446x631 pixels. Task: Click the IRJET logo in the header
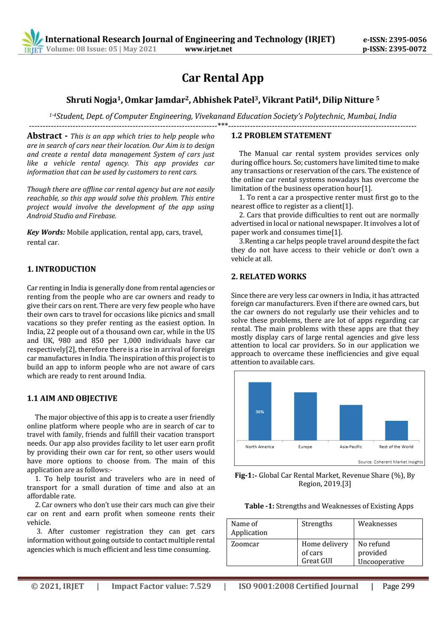click(32, 43)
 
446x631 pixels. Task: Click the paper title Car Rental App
click(222, 78)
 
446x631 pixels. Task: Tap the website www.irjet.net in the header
click(208, 49)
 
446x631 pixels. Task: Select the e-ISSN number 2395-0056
click(395, 40)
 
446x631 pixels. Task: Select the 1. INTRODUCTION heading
click(61, 269)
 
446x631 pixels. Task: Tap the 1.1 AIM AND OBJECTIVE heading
click(72, 398)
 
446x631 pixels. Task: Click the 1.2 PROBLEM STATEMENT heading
click(281, 136)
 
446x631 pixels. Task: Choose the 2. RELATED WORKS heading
click(269, 277)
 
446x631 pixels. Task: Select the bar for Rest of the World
click(396, 430)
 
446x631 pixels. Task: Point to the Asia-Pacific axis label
click(350, 447)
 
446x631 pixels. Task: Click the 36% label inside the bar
click(259, 412)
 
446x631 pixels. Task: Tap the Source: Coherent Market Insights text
click(390, 462)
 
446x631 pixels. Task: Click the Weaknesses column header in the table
click(377, 524)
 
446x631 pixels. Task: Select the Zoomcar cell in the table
click(245, 544)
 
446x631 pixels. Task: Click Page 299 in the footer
click(398, 586)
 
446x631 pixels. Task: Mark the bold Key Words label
click(46, 232)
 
